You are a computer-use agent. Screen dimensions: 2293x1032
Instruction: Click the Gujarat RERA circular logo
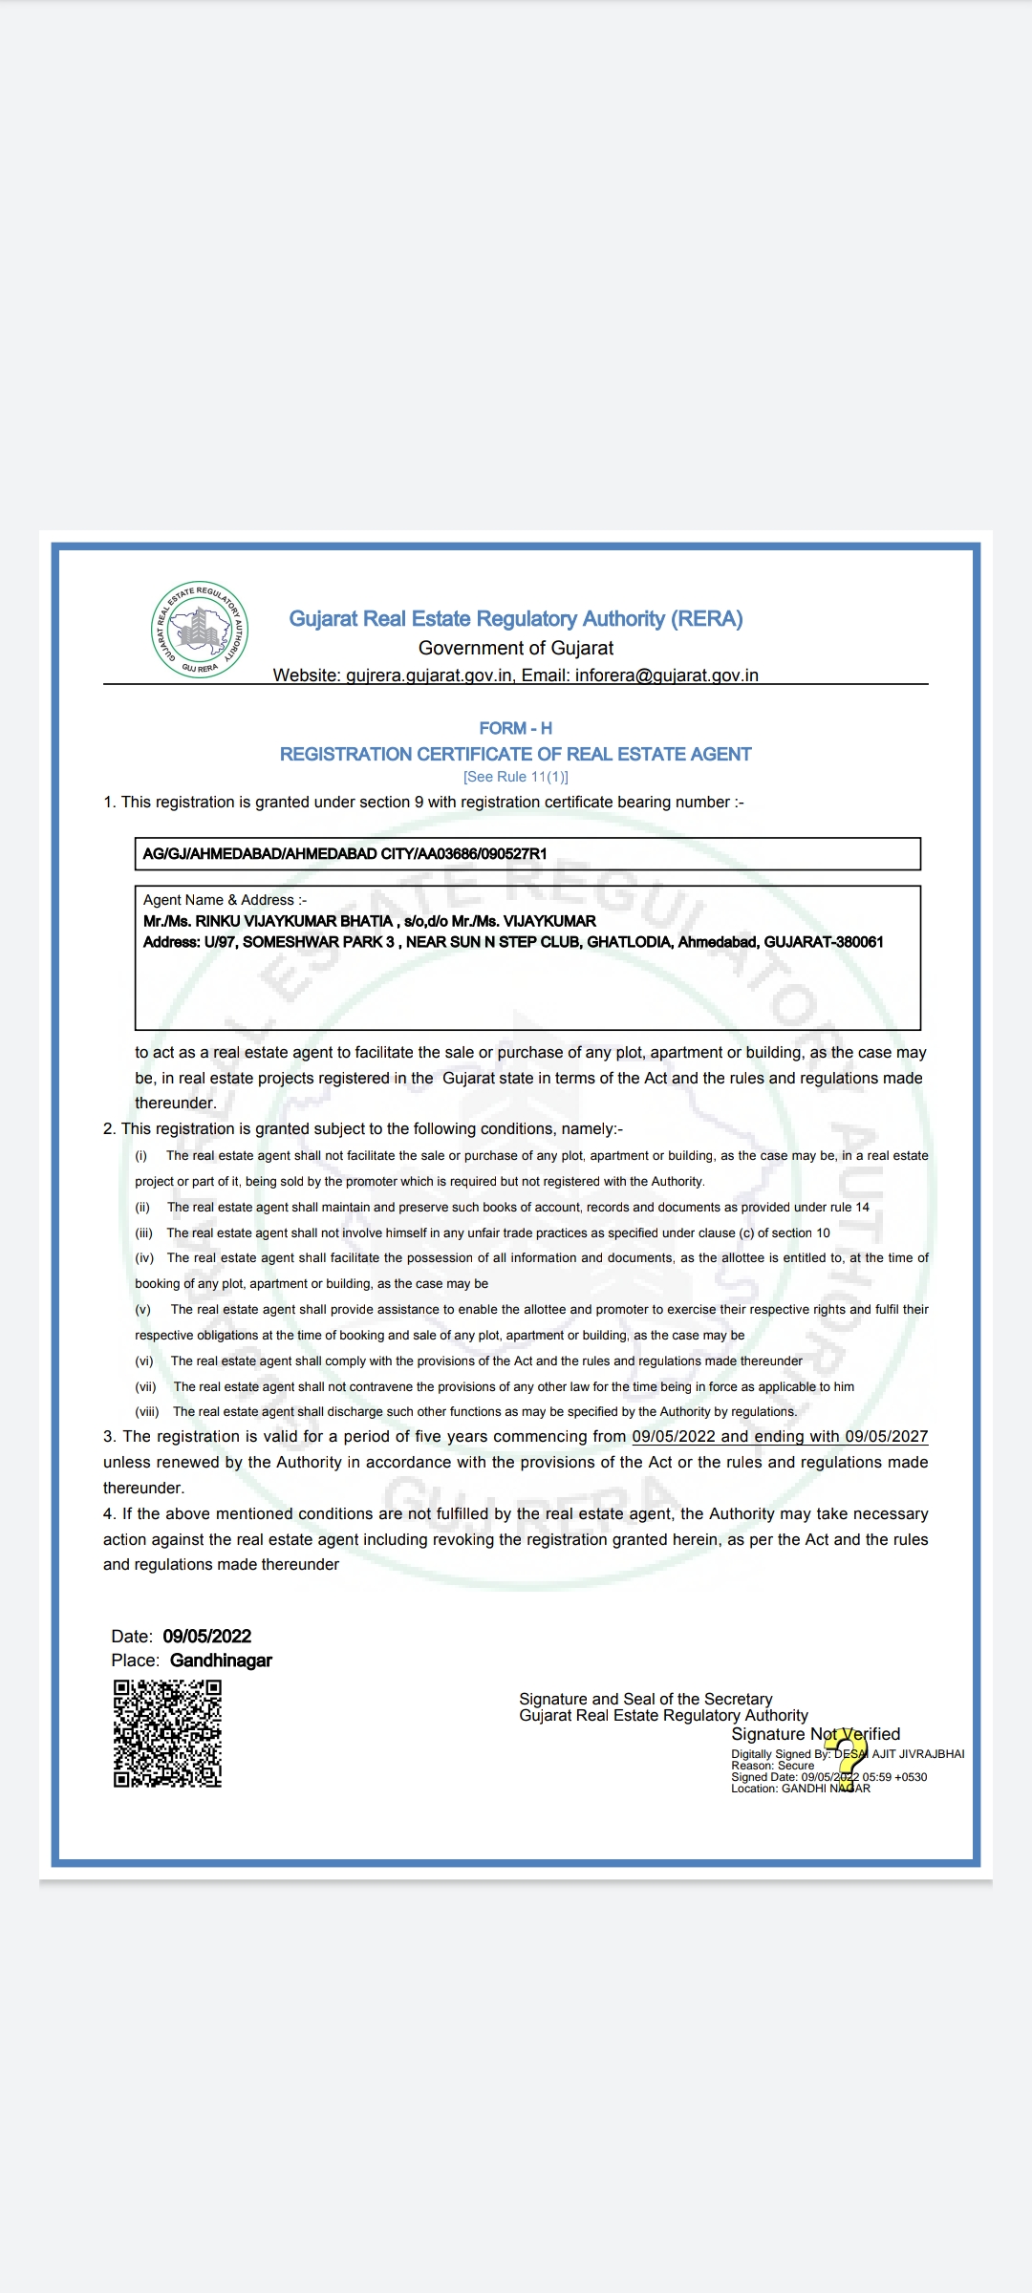tap(200, 630)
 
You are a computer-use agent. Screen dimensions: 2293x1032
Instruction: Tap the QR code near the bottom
tap(167, 1733)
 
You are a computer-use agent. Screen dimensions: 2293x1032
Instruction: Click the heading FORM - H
tap(515, 728)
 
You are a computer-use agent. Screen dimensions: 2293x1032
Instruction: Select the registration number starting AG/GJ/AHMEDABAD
tap(345, 854)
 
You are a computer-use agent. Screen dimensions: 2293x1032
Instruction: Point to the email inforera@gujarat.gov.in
tap(666, 675)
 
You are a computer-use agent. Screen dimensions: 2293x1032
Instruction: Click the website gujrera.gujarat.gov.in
tap(429, 675)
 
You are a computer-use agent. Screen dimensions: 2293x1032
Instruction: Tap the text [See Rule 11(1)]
tap(515, 777)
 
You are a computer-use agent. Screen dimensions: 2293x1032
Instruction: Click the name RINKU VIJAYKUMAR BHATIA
tap(294, 921)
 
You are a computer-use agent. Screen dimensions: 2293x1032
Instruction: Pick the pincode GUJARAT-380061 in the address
tap(824, 942)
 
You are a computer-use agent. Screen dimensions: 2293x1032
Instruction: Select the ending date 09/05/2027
tap(886, 1436)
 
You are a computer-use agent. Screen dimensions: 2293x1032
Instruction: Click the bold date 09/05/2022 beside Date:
tap(207, 1636)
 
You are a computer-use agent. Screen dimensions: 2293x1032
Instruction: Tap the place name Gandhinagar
tap(221, 1661)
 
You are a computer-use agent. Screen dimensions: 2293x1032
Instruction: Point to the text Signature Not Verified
tap(815, 1734)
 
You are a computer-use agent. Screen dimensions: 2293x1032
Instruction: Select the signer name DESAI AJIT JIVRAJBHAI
tap(899, 1754)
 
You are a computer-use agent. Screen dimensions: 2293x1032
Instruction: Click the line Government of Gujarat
tap(515, 648)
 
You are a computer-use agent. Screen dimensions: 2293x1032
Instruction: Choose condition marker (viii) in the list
tap(146, 1411)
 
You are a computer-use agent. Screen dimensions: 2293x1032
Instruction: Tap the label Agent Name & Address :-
tap(225, 900)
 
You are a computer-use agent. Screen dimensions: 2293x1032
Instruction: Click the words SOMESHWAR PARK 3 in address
tap(318, 942)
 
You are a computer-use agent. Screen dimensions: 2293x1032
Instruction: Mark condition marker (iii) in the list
tap(143, 1232)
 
